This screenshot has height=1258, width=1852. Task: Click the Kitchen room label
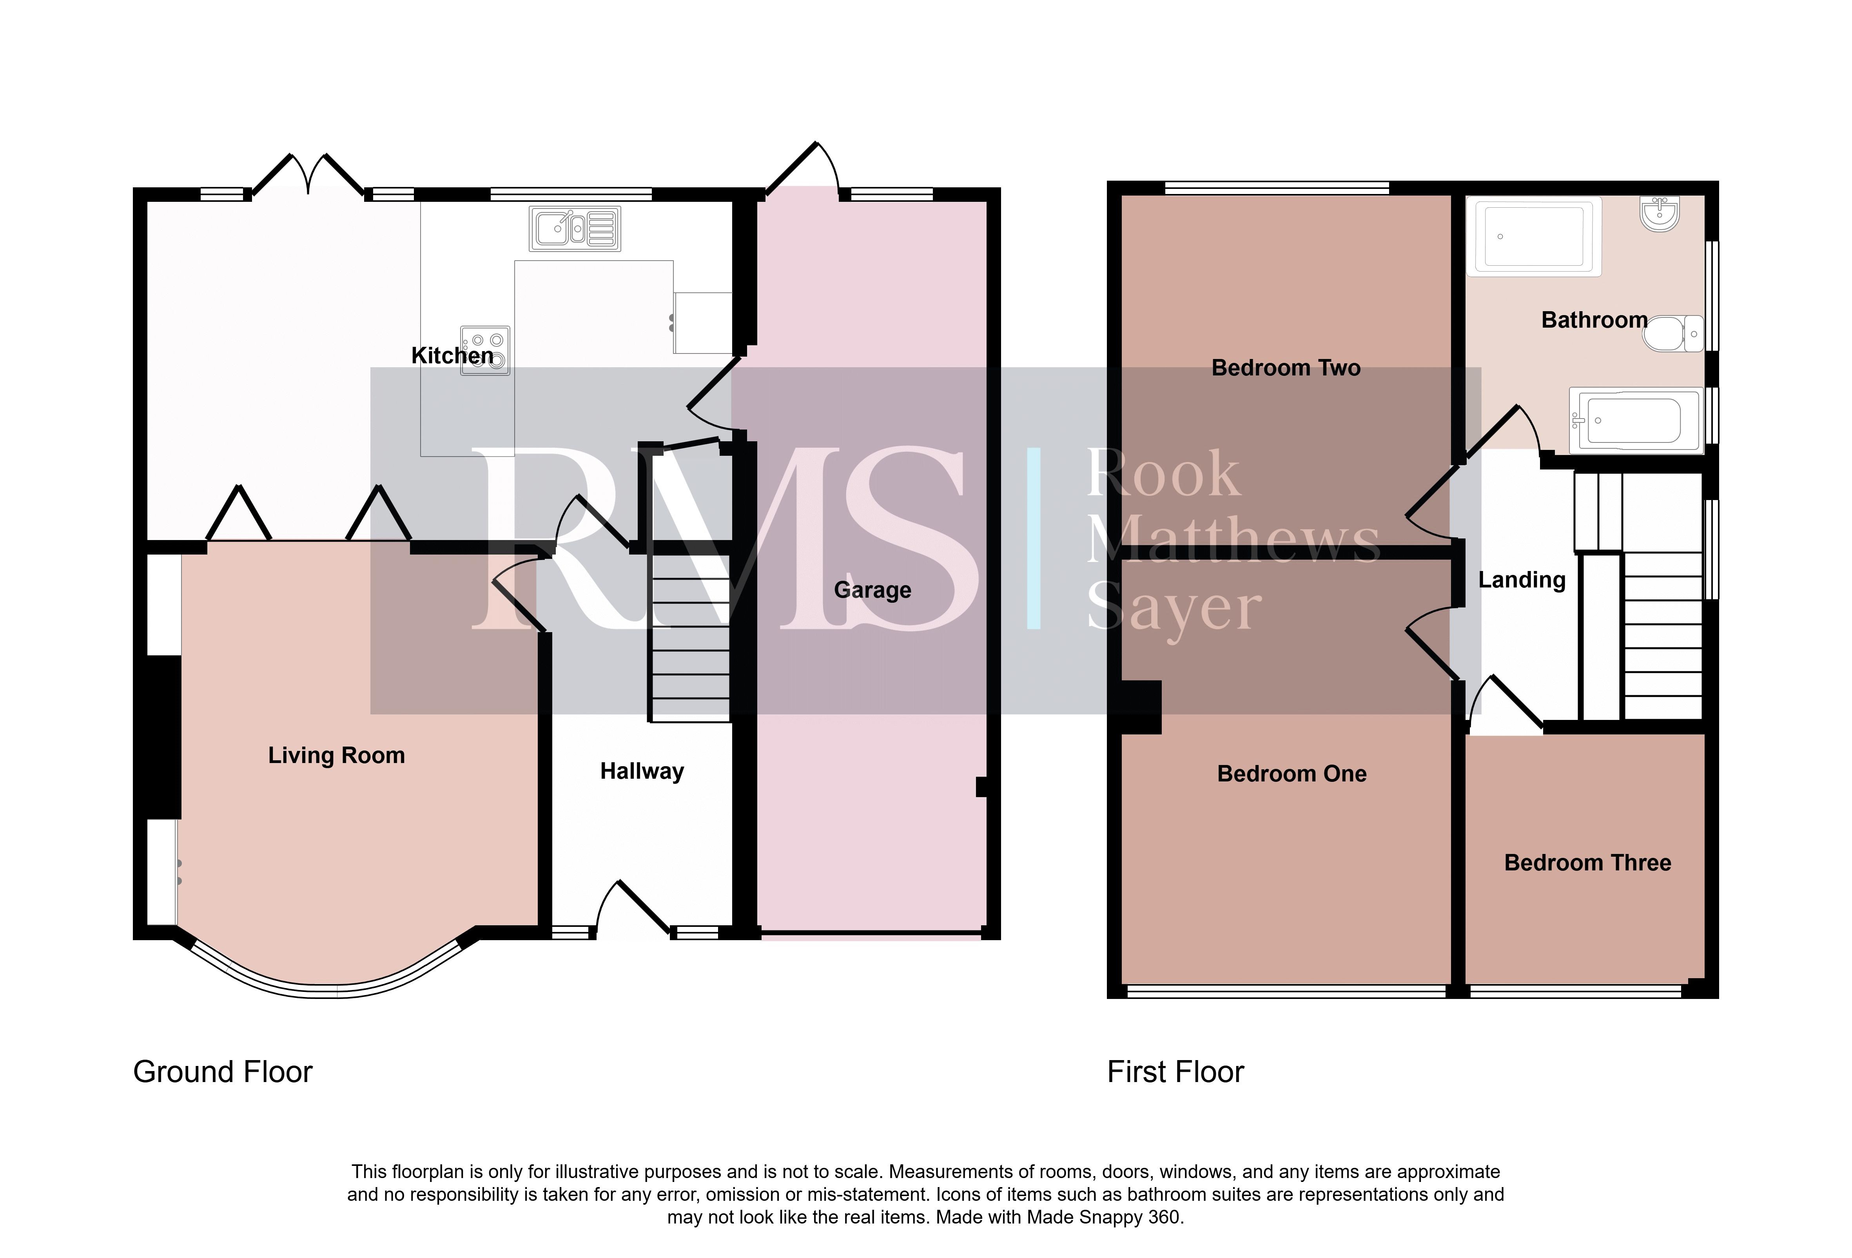tap(452, 355)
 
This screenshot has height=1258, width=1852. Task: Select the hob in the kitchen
tap(484, 350)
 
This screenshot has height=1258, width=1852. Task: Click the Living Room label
tap(336, 755)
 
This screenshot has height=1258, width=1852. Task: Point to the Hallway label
tap(642, 771)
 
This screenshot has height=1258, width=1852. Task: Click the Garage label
tap(872, 590)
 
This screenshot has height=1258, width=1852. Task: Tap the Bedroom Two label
tap(1286, 368)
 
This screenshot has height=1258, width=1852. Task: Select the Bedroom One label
tap(1292, 774)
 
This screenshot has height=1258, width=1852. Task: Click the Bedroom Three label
tap(1587, 863)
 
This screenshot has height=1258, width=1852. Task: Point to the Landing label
tap(1522, 580)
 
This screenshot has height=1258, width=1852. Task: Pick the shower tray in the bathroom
tap(1534, 237)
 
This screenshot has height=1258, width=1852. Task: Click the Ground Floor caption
tap(223, 1072)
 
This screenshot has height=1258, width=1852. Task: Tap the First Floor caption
tap(1175, 1072)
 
